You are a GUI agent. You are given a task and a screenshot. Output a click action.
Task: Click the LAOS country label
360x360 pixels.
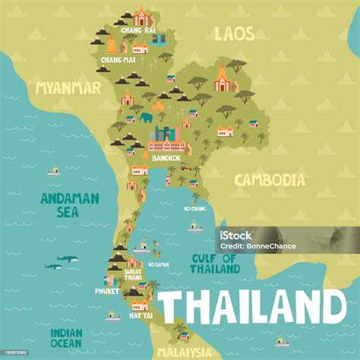(234, 33)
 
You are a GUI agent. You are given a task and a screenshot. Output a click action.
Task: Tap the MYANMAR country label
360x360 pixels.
(68, 88)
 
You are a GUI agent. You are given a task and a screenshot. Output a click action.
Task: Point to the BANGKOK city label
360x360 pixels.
(166, 158)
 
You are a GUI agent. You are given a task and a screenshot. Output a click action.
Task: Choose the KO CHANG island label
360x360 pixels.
(194, 208)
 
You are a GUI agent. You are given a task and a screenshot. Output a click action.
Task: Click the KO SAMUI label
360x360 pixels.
(158, 264)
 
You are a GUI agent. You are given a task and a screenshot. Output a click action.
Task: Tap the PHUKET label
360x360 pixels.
(106, 290)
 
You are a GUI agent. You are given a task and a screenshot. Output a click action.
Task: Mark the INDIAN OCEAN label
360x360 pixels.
(67, 338)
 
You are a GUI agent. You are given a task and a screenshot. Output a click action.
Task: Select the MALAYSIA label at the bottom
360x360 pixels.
(184, 352)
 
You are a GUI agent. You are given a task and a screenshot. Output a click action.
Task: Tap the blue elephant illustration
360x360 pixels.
(146, 118)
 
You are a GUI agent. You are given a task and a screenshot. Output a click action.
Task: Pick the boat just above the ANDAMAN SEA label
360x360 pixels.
(53, 171)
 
